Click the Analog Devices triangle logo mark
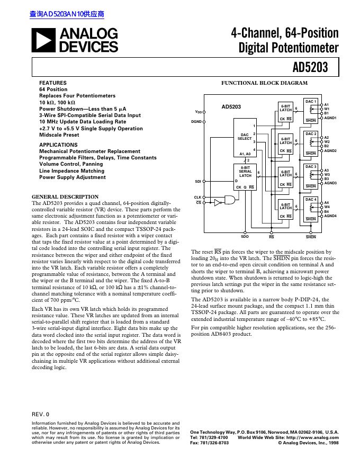tap(44, 40)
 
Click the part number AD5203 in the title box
tap(310, 67)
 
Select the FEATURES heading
tap(53, 83)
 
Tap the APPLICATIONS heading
tap(58, 145)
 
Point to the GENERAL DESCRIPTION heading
tap(65, 197)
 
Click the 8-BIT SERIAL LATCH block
tap(245, 176)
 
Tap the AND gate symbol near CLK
tap(231, 200)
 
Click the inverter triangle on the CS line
tap(218, 202)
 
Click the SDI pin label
tap(198, 181)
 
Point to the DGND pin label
tap(196, 121)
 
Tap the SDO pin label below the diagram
tap(245, 237)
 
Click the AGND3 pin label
tap(330, 183)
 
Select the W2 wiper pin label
tap(327, 142)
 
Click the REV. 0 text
tap(40, 414)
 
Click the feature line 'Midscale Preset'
tap(59, 135)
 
